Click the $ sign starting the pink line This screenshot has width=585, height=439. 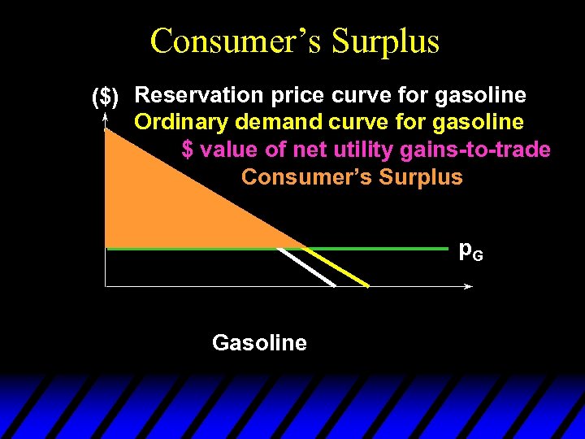[x=188, y=150]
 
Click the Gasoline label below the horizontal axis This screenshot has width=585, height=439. [x=259, y=343]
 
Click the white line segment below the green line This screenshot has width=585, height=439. [x=307, y=267]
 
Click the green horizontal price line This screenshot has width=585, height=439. [x=382, y=248]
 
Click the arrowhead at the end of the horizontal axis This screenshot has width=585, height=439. [x=469, y=286]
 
